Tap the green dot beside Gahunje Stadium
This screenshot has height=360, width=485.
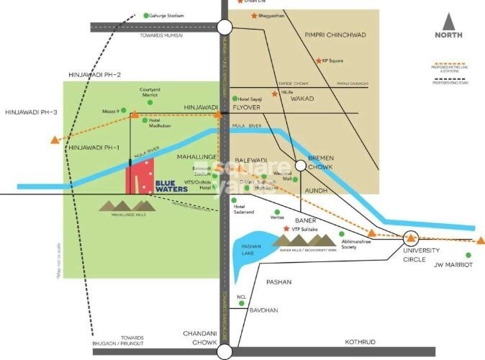(x=146, y=15)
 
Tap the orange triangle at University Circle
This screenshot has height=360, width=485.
(x=410, y=237)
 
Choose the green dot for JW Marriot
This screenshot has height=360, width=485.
(x=468, y=255)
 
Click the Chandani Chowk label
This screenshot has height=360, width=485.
(x=199, y=338)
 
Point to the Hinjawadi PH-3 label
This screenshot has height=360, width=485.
(x=30, y=112)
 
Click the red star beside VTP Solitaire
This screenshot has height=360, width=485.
(x=286, y=228)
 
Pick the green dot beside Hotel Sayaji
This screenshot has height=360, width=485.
(x=235, y=98)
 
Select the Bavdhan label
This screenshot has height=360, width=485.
(x=263, y=310)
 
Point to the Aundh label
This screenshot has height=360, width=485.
(x=316, y=190)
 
